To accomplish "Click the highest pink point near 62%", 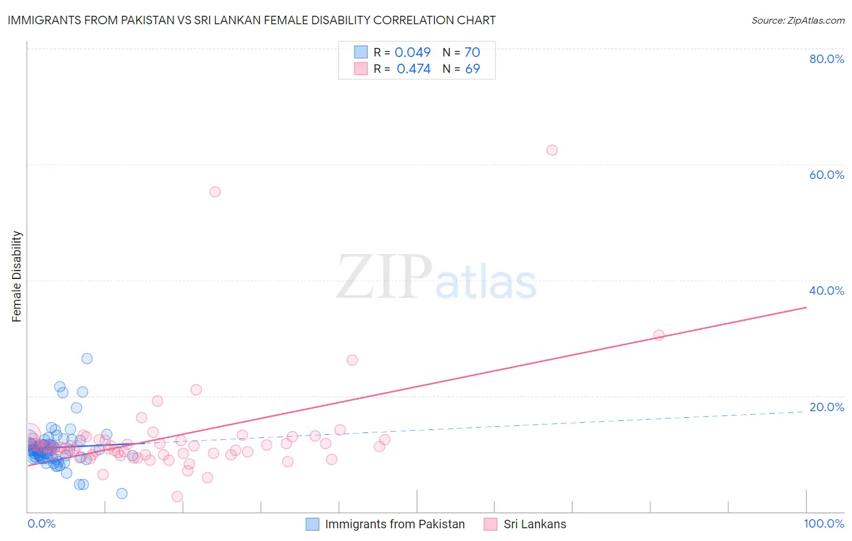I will tap(551, 150).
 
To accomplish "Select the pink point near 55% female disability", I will tap(215, 192).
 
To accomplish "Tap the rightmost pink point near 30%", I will tap(659, 335).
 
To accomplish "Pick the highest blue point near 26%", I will tap(87, 358).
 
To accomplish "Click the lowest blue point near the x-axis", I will tap(122, 493).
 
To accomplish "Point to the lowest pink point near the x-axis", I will tap(177, 496).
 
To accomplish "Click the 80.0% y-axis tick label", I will tap(827, 59).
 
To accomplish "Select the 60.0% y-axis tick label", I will tap(827, 175).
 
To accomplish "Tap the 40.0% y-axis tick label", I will tap(827, 291).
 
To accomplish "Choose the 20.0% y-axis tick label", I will tap(827, 407).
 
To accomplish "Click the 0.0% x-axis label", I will tap(41, 523).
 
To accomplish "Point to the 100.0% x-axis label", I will tap(824, 523).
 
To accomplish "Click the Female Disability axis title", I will tap(17, 276).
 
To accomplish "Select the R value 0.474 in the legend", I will tap(413, 69).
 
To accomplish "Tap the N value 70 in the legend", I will tap(472, 52).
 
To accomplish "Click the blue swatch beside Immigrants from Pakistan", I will tap(312, 524).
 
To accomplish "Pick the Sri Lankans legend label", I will tap(534, 524).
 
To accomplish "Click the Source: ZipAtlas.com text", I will tap(797, 20).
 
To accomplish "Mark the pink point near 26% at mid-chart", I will tap(352, 360).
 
